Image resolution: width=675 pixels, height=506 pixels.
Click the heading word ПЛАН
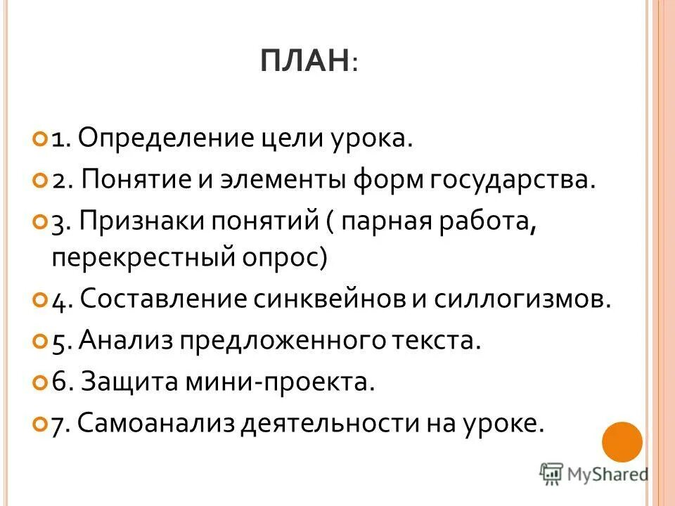(x=304, y=63)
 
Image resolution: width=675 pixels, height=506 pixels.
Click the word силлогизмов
(x=536, y=300)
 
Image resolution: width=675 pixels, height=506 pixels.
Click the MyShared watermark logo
(x=593, y=474)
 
